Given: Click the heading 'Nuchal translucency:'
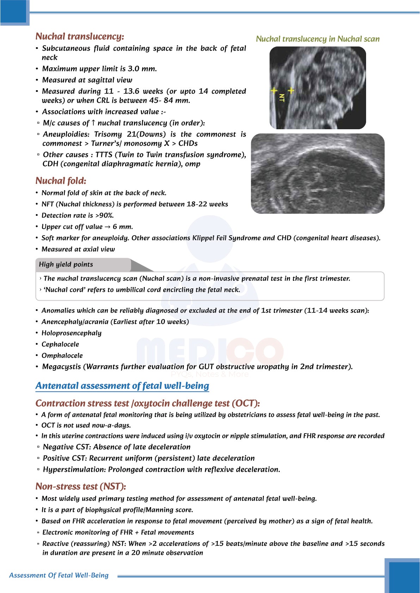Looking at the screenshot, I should tap(80, 37).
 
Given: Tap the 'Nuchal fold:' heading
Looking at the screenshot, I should tap(61, 181).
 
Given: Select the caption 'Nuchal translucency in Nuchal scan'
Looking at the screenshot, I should tap(317, 39).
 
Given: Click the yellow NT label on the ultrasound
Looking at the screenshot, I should tap(282, 98).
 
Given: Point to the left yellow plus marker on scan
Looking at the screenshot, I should tap(274, 90).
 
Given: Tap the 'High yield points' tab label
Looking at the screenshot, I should tap(66, 264).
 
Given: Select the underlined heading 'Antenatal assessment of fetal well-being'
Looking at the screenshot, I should tap(122, 386).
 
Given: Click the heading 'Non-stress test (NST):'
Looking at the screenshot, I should tap(81, 487).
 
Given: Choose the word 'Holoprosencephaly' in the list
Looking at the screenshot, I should tap(72, 333).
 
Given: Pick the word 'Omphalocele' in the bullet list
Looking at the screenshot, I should tap(62, 356).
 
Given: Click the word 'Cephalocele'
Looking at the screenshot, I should tap(60, 344).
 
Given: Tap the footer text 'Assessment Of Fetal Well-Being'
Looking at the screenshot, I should tap(59, 575).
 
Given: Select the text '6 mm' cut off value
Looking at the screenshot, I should tap(123, 227).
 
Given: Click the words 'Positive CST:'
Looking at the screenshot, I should tap(65, 458).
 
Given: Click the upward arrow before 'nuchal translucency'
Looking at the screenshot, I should tap(93, 123).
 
